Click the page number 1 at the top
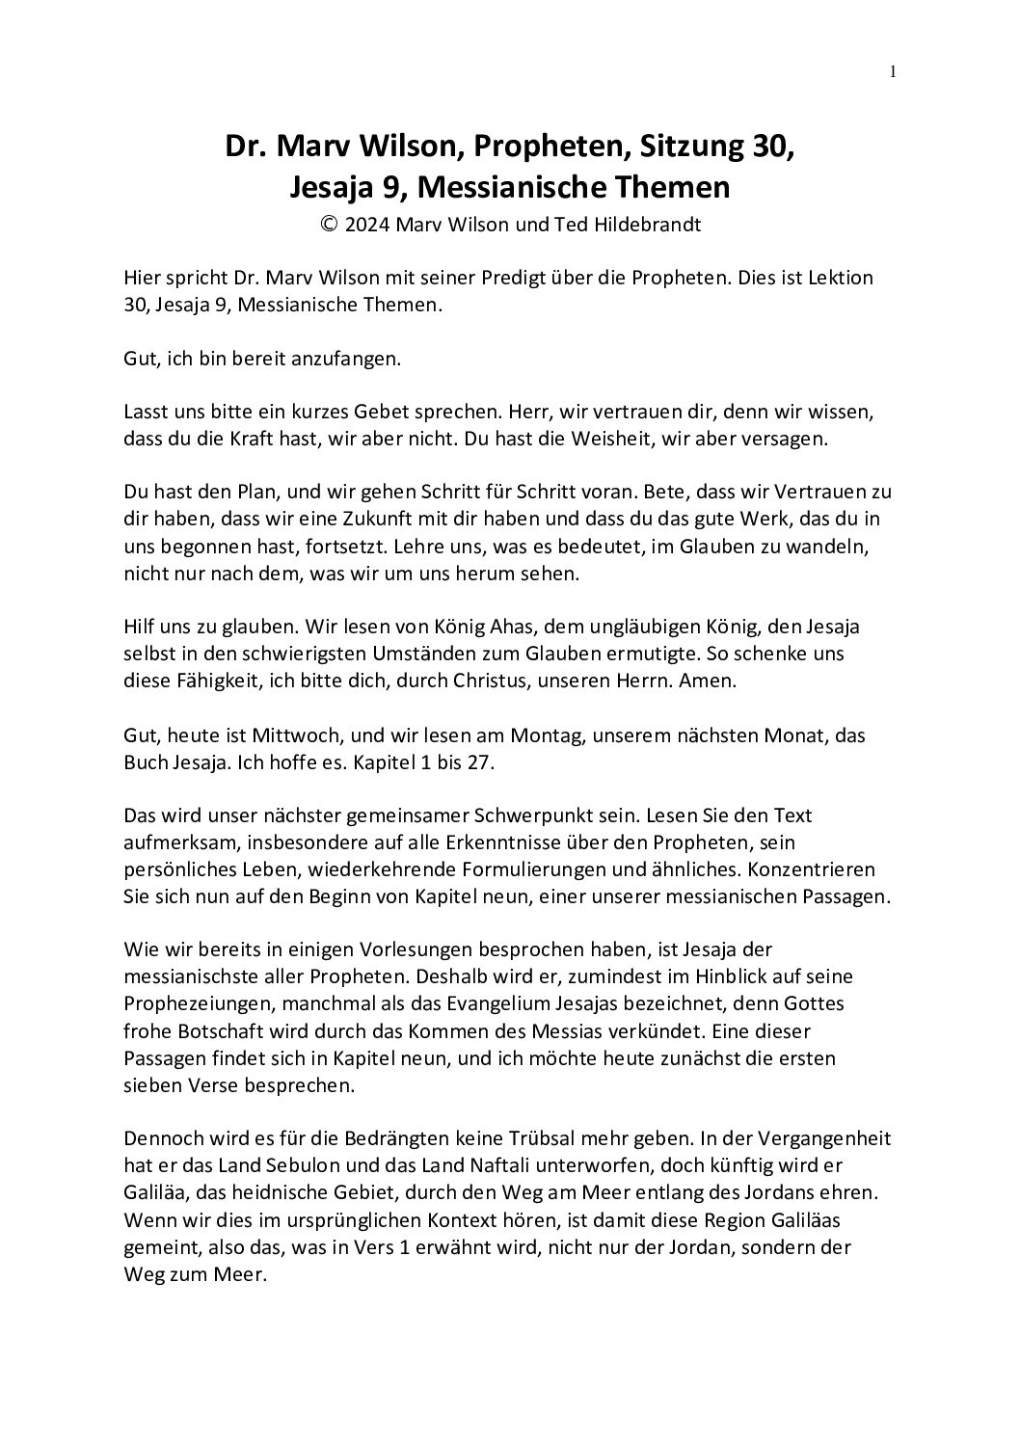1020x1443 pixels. [893, 71]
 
